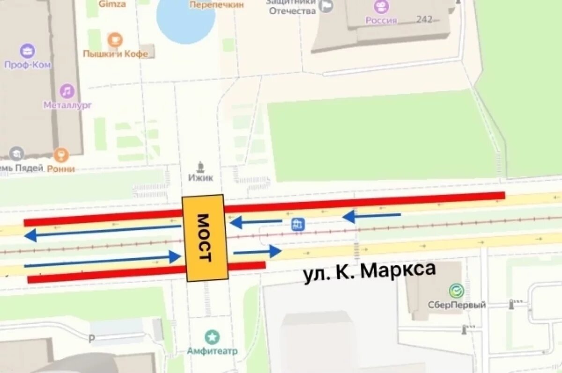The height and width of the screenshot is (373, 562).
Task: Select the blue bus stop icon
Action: pyautogui.click(x=297, y=225)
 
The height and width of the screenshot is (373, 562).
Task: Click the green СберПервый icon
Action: pyautogui.click(x=456, y=291)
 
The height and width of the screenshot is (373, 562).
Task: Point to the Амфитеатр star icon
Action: pyautogui.click(x=212, y=336)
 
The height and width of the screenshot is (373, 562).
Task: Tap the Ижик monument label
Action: pyautogui.click(x=200, y=177)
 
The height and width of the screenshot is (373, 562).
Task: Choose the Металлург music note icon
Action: pyautogui.click(x=67, y=91)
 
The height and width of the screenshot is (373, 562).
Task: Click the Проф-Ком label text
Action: pyautogui.click(x=27, y=65)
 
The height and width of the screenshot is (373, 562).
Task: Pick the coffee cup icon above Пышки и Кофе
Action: pyautogui.click(x=115, y=40)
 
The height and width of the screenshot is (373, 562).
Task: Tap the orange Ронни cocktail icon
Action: pyautogui.click(x=61, y=154)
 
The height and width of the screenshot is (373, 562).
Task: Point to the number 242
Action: pyautogui.click(x=424, y=20)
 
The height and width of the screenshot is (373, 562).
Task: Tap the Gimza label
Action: pyautogui.click(x=112, y=4)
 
